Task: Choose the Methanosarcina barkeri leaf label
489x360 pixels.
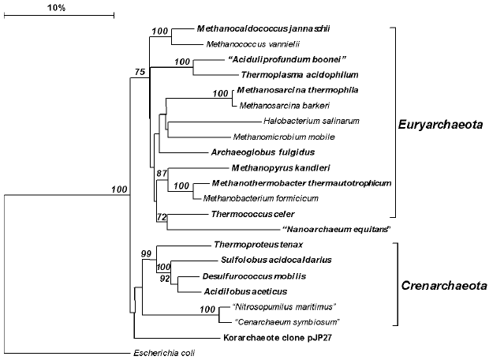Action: coord(282,105)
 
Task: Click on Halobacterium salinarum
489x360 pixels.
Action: coord(312,121)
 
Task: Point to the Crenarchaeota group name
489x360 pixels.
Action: coord(441,285)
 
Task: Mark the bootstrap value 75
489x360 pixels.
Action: coord(140,72)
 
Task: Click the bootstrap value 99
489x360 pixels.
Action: coord(146,253)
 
